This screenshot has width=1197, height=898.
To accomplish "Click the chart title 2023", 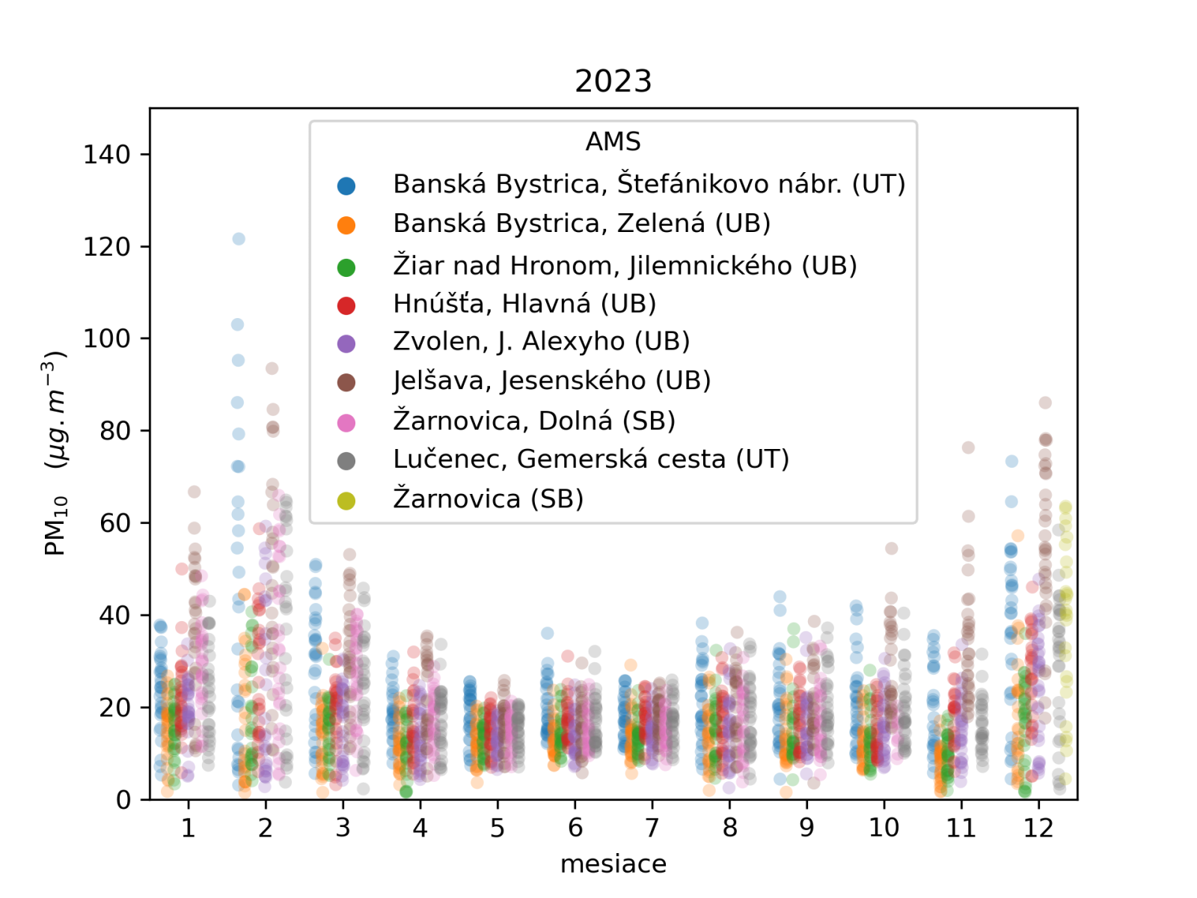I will [x=613, y=81].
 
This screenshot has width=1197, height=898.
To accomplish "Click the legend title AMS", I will [x=613, y=141].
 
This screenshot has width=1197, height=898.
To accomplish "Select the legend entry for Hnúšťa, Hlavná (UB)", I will [x=524, y=304].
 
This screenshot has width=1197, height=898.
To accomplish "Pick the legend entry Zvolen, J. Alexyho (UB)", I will [x=541, y=341].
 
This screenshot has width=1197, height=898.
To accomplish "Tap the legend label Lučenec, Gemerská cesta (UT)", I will [x=591, y=459].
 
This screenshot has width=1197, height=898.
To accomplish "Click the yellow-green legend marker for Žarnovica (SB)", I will [x=346, y=501].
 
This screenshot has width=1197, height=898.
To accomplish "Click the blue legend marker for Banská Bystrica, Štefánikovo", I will [x=346, y=186].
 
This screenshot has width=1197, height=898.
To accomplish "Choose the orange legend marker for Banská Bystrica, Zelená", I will [x=346, y=225].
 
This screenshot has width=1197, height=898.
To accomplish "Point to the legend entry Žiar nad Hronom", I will [x=625, y=266].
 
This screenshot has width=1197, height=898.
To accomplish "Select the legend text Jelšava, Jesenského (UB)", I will [x=551, y=381].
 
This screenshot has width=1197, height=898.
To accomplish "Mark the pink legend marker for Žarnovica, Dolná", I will [x=346, y=423].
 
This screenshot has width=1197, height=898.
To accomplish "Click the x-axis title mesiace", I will [x=613, y=864].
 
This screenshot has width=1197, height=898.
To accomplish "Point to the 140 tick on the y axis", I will [x=106, y=155].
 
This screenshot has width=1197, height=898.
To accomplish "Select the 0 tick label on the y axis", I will [x=123, y=800].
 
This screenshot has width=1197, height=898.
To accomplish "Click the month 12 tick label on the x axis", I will [x=1038, y=828].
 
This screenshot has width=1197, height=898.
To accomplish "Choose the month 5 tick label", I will [x=498, y=828].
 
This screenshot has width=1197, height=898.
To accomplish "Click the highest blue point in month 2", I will [x=239, y=239].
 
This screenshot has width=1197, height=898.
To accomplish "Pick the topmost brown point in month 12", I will [x=1045, y=403].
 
